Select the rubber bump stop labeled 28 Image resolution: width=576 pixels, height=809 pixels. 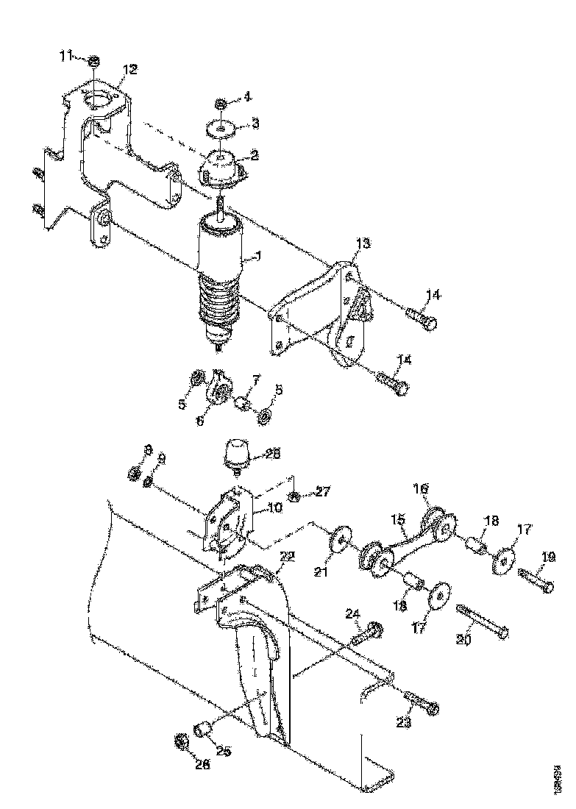coord(235,452)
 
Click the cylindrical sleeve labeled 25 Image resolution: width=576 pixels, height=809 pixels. coord(202,729)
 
